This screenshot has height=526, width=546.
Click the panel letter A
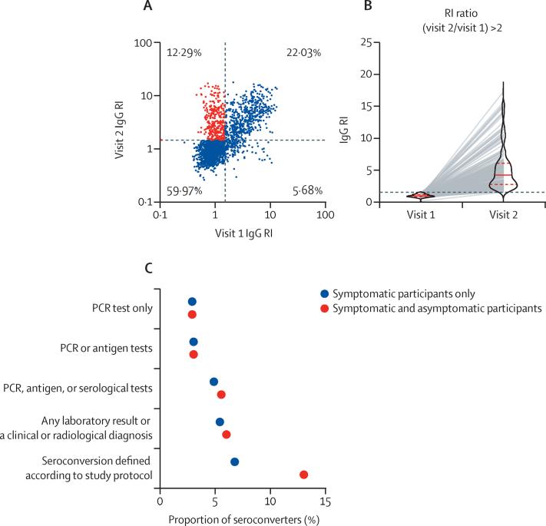point(232,8)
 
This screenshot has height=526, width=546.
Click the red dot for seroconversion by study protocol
point(303,475)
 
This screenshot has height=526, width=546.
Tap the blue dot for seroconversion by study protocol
point(234,461)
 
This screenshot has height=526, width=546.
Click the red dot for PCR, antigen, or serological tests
point(221,394)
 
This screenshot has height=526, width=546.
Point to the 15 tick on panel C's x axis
point(325,502)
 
